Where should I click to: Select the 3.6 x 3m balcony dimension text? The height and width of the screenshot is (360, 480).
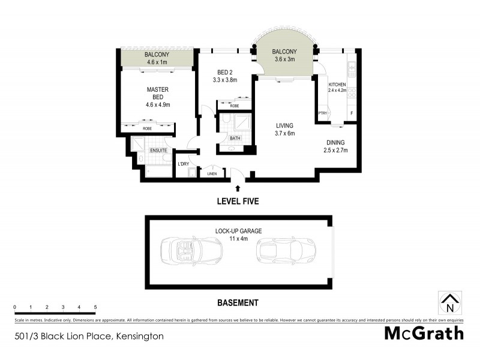285,59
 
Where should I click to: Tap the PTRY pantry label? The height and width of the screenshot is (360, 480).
323,113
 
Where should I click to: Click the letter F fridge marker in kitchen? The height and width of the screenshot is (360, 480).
352,113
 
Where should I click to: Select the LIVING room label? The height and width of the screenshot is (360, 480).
284,125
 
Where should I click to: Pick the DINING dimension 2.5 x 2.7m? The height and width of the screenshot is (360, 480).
336,150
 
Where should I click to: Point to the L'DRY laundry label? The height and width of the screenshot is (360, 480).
184,163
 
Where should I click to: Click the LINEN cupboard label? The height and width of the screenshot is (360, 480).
212,174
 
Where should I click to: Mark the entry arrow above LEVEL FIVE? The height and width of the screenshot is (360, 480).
238,188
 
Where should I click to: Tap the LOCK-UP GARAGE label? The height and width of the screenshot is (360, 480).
239,230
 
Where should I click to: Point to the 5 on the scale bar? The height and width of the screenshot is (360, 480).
95,307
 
